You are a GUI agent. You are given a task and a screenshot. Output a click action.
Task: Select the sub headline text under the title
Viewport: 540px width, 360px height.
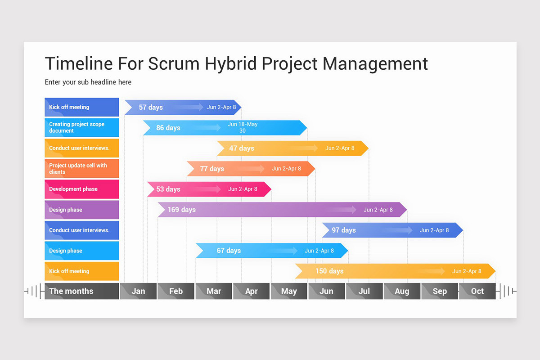pos(88,82)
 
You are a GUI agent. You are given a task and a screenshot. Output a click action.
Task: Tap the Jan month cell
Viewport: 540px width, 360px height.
pos(138,291)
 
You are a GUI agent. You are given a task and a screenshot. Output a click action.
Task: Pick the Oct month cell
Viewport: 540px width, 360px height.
pos(477,291)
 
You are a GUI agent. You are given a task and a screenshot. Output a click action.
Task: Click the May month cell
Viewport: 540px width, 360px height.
pos(289,291)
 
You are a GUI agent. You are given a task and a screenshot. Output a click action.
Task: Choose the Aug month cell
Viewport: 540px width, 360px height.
pos(402,291)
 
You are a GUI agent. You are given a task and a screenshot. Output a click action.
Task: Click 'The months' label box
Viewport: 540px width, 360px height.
pos(81,291)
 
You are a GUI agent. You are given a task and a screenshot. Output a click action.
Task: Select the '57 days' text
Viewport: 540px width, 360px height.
pos(151,108)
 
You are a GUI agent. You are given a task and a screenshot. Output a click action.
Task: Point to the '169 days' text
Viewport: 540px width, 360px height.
pos(181,210)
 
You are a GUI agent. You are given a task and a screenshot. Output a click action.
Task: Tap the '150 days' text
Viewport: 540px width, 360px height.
pos(329,271)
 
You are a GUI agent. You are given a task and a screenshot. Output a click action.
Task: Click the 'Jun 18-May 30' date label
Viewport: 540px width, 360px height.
pos(243,127)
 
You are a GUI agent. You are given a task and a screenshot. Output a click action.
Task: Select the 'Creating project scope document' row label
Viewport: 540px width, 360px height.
pos(81,128)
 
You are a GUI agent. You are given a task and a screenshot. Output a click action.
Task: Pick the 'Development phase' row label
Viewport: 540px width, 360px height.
pos(81,189)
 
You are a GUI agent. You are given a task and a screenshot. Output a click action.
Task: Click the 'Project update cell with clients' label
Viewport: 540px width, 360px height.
pos(81,169)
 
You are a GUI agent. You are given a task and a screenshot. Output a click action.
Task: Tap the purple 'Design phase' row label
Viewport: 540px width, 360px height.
pos(81,210)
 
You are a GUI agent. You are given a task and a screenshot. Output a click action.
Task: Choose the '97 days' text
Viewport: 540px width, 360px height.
pos(344,230)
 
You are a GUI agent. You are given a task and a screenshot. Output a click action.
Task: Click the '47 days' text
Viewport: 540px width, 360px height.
pos(242,148)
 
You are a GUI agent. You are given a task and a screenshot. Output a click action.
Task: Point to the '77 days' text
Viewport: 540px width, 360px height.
pos(212,169)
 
